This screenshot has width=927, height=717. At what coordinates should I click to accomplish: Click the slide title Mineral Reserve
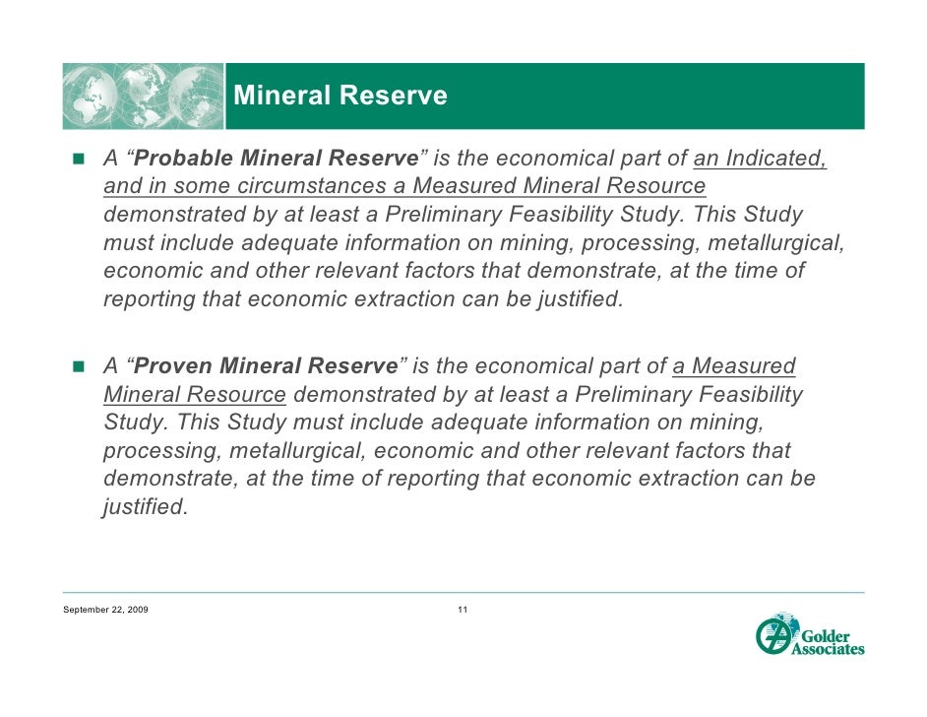(x=340, y=96)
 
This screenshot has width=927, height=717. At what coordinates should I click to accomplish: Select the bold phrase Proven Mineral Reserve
(x=266, y=366)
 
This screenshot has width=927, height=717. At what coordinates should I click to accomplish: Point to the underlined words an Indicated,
(x=760, y=159)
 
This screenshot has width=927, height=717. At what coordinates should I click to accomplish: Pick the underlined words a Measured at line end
(x=733, y=366)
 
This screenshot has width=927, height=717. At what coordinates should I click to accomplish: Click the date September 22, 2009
(x=105, y=612)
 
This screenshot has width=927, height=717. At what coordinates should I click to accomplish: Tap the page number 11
(x=463, y=612)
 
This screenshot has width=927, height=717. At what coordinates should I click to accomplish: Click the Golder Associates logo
(x=809, y=635)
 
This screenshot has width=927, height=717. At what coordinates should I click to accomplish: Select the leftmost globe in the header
(x=93, y=97)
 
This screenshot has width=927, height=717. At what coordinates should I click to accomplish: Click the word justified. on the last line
(x=145, y=508)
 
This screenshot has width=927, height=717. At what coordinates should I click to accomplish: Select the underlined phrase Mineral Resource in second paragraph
(x=195, y=395)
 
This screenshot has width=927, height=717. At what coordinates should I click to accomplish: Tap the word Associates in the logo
(x=829, y=649)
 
